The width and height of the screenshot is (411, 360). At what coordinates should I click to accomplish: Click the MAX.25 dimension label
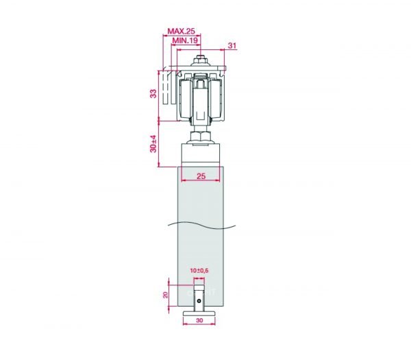tap(181, 31)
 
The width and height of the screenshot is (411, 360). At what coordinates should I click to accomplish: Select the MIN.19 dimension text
tap(185, 40)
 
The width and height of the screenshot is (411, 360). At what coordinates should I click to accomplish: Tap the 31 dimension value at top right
tap(232, 45)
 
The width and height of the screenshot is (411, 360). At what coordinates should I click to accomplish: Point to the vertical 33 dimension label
tap(153, 94)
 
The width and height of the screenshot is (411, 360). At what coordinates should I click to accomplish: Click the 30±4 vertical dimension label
tap(153, 144)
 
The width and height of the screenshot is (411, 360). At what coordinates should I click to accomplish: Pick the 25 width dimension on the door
tap(201, 176)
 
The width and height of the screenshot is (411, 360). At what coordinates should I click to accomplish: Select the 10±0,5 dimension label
tap(199, 271)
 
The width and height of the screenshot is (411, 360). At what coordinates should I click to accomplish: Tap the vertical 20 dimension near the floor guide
tap(165, 295)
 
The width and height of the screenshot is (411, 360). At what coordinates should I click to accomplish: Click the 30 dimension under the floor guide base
tap(199, 320)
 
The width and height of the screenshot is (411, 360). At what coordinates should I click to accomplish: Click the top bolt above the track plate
tap(201, 60)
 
